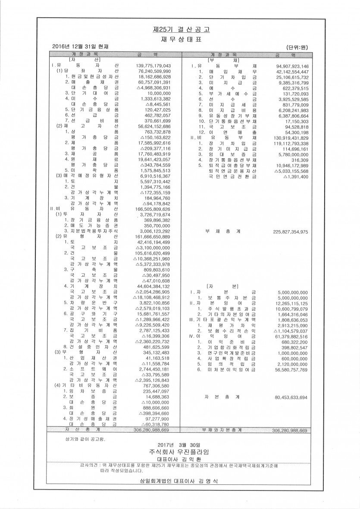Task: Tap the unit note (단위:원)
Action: pyautogui.click(x=299, y=47)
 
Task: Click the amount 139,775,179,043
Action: pyautogui.click(x=150, y=66)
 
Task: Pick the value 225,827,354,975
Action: pyautogui.click(x=290, y=231)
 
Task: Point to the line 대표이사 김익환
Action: pyautogui.click(x=179, y=459)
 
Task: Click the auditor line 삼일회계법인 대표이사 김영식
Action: pyautogui.click(x=178, y=481)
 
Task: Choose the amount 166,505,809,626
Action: pyautogui.click(x=150, y=209)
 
